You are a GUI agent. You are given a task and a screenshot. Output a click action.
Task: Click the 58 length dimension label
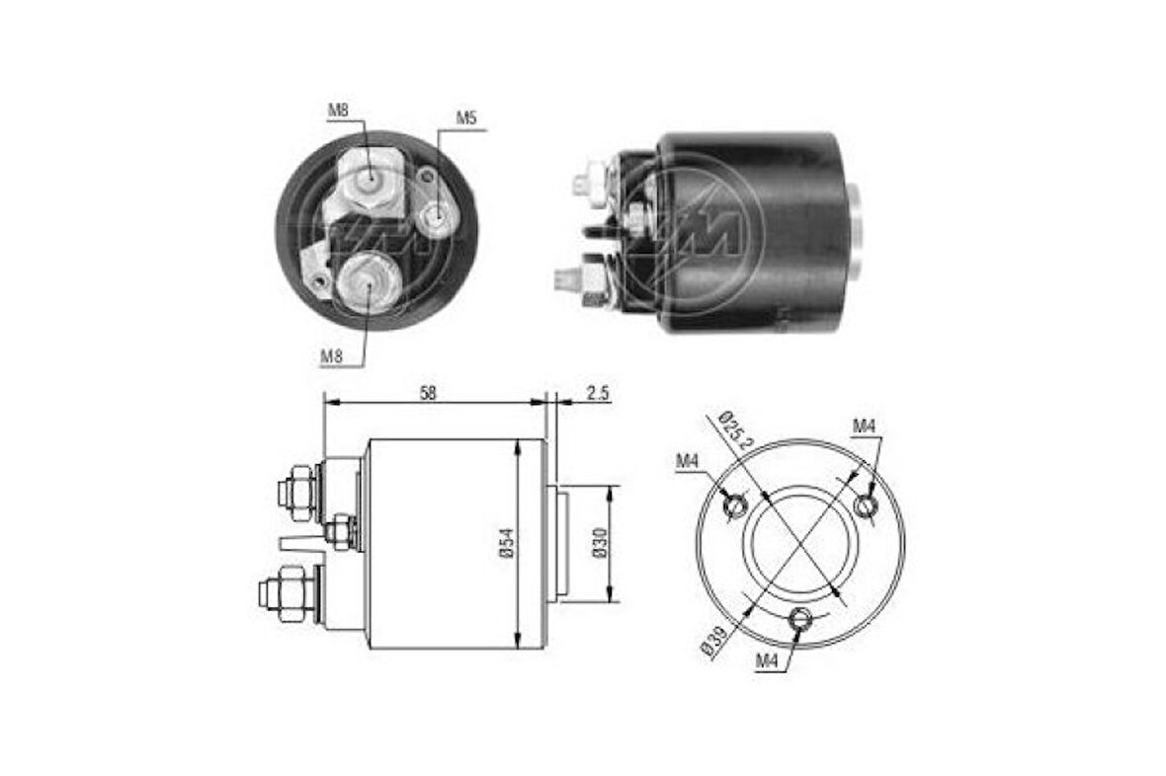pos(427,392)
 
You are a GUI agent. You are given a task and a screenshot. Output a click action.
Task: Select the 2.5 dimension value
pos(597,392)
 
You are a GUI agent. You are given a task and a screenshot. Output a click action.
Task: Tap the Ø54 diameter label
pos(505,544)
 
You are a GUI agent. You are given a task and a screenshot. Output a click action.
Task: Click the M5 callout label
pos(465,118)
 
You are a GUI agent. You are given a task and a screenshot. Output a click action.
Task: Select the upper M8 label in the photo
pos(338,110)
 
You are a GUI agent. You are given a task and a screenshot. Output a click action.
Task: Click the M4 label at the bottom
pos(767,661)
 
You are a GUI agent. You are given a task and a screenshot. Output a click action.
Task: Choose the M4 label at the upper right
pos(865,426)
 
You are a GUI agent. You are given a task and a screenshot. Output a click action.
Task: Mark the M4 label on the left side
pos(688,460)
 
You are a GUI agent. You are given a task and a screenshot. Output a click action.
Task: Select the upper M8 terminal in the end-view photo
pos(370,179)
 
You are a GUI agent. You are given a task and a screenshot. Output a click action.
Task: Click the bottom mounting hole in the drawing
pos(800,620)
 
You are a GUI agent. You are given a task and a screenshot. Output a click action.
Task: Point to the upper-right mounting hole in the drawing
pos(866,504)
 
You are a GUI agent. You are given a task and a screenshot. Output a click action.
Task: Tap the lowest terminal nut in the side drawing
pos(288,592)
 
